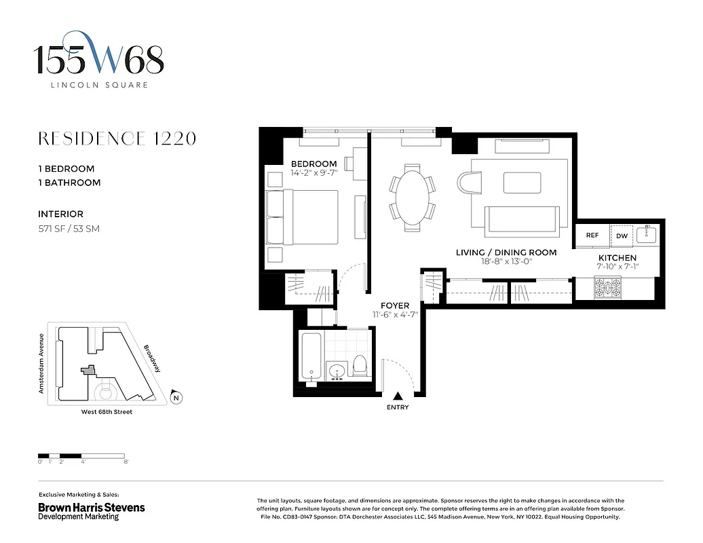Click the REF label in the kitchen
coord(592,236)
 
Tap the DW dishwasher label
coord(622,236)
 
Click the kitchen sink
coord(647,235)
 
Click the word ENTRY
coord(398,407)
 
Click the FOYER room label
coord(394,306)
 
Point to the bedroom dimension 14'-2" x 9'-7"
coord(313,174)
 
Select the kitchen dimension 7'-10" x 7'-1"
coord(617,267)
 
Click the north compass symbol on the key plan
coord(176,398)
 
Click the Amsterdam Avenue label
coord(41,363)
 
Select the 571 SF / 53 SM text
coord(69,229)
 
